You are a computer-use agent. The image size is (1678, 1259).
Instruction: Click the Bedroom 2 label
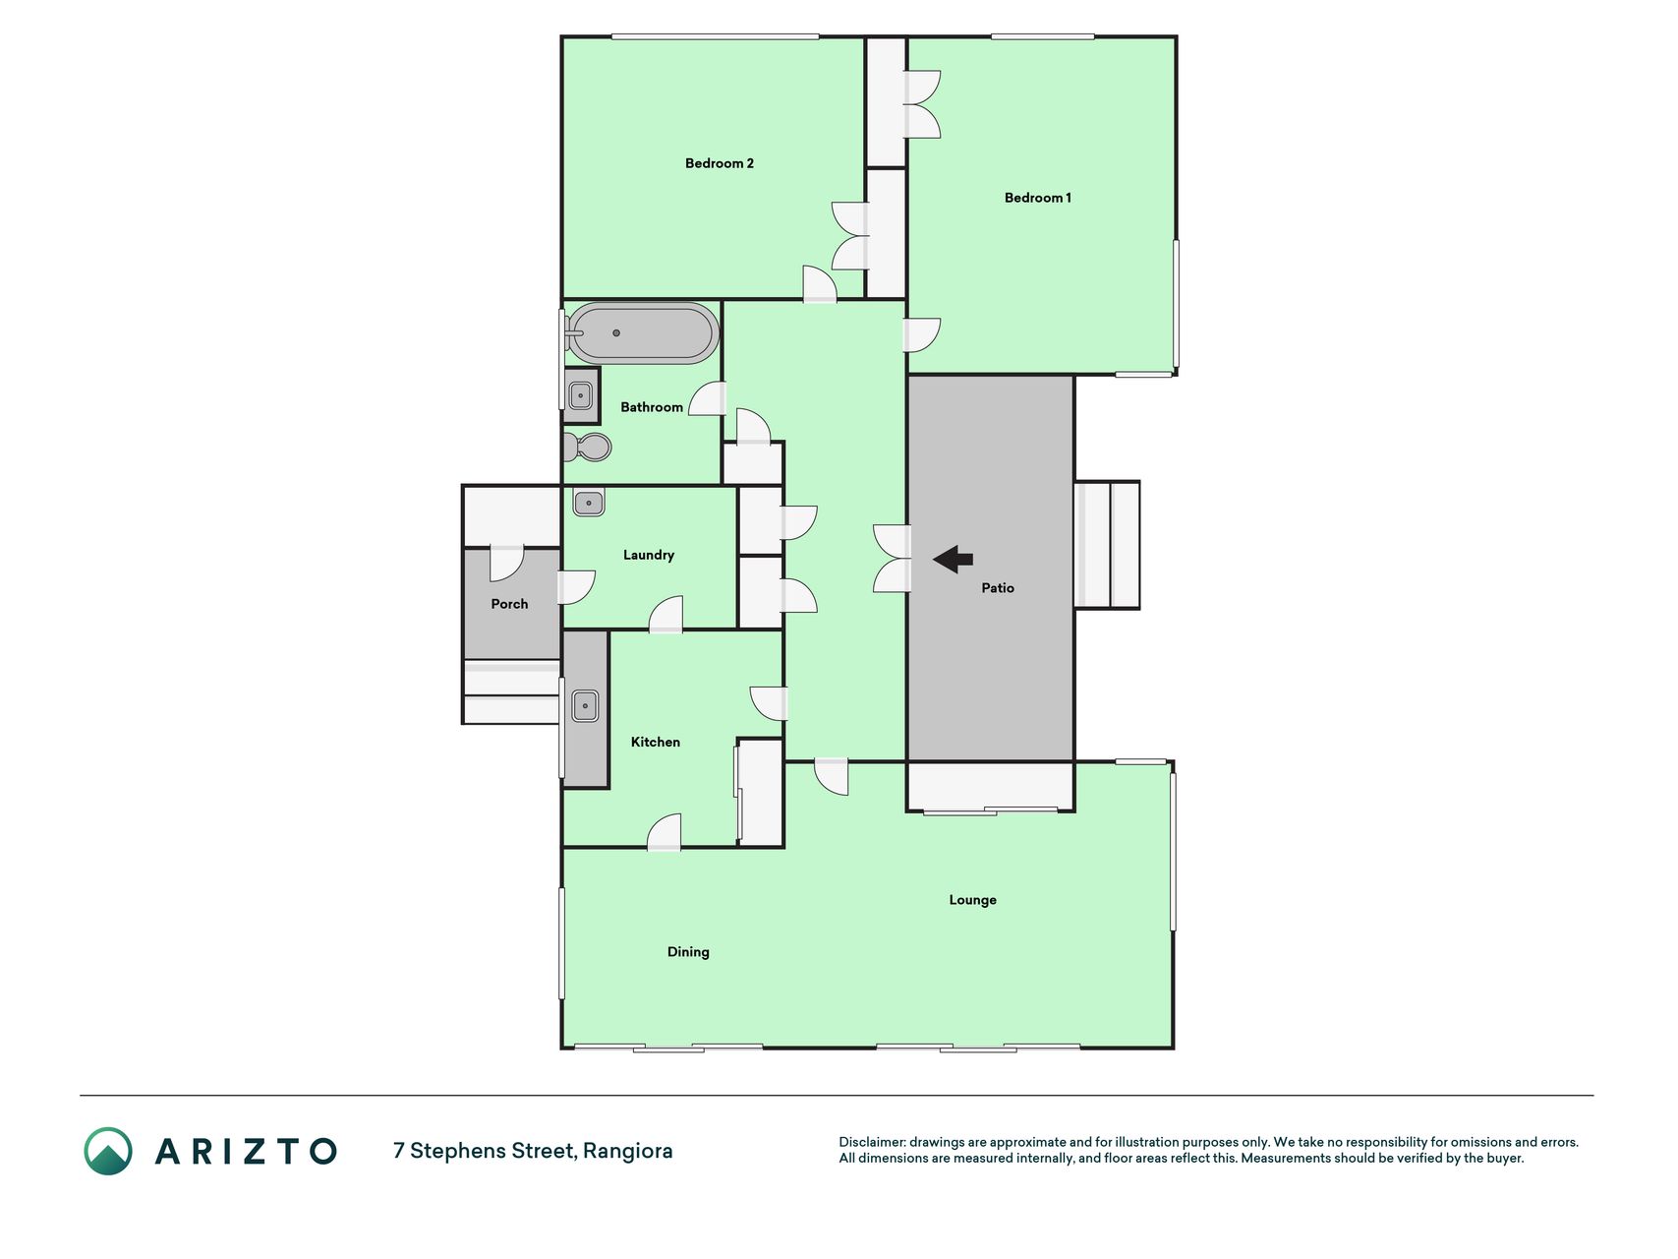[719, 163]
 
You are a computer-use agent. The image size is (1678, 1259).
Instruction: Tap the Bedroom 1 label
[1037, 198]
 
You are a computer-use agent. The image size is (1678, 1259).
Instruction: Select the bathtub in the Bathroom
[644, 333]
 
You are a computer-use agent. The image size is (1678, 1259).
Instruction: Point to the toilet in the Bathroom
[587, 448]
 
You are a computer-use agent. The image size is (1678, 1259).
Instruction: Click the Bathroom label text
[651, 407]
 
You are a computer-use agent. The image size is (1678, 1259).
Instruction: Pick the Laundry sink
[589, 503]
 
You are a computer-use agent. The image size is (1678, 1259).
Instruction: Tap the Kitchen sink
[585, 705]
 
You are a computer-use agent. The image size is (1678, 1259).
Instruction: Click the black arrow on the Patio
[953, 560]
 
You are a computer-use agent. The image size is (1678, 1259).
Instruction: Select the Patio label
[997, 588]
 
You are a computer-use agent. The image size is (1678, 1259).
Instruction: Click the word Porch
[509, 604]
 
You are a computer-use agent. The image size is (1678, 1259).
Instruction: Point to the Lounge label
[972, 900]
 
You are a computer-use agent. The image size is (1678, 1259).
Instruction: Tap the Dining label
[688, 952]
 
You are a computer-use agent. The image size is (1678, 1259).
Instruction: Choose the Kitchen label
[655, 742]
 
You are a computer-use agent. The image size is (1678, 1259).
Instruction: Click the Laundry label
[648, 555]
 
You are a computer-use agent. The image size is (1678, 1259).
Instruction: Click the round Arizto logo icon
[108, 1151]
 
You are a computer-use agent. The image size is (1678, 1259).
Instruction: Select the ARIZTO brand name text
[247, 1151]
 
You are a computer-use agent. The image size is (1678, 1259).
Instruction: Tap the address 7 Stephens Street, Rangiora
[533, 1151]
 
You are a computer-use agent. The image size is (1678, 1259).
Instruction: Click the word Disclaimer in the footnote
[871, 1142]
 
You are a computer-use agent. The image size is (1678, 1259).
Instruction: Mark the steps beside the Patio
[1107, 545]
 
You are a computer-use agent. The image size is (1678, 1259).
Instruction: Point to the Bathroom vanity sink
[581, 396]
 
